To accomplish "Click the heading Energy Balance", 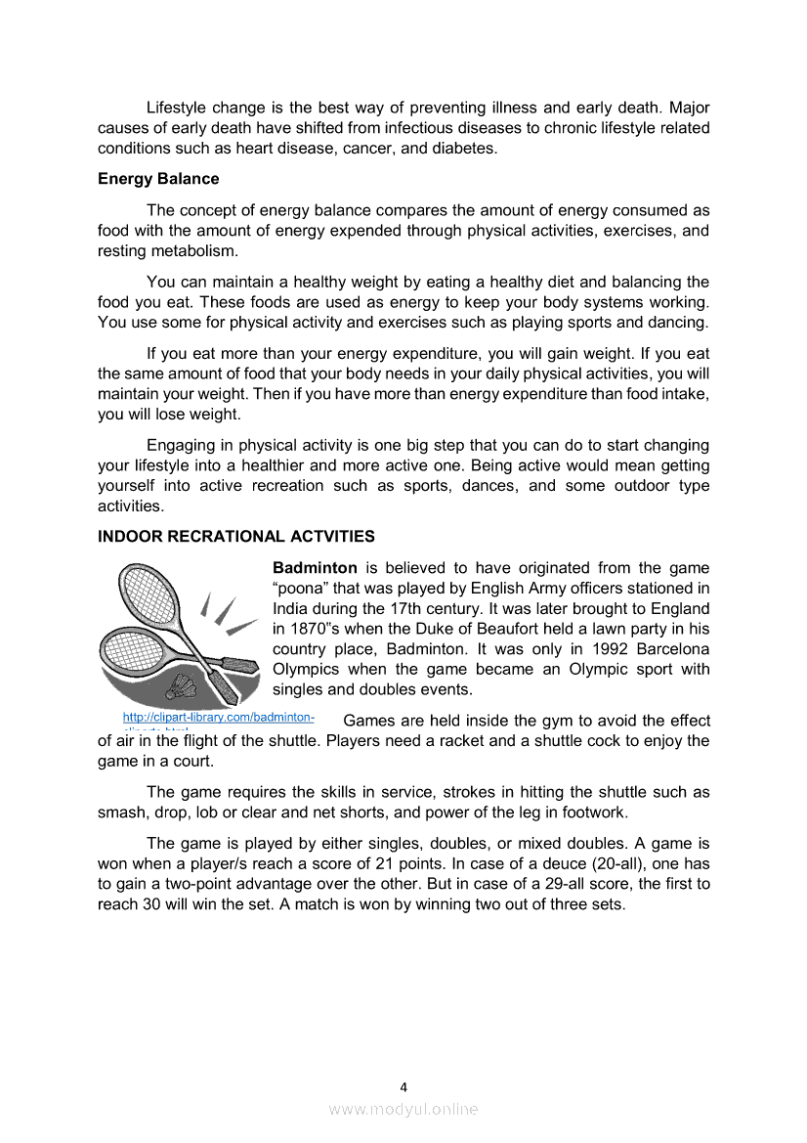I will click(x=158, y=179).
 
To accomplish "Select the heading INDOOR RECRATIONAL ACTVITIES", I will click(x=236, y=537).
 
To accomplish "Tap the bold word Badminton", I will click(x=315, y=568).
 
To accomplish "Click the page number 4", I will click(x=403, y=1086).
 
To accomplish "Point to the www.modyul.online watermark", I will click(x=403, y=1110).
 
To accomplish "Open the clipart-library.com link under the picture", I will click(x=218, y=718).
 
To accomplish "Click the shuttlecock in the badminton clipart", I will click(x=186, y=685).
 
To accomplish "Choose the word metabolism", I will click(x=195, y=251).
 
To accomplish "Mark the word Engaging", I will click(x=179, y=446).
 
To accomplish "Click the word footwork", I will click(x=591, y=813).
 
